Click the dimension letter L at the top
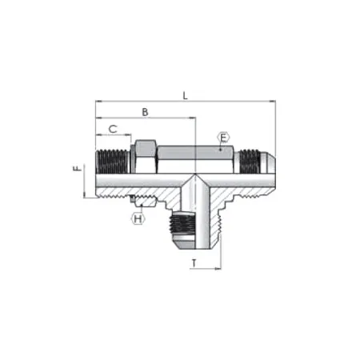[x=185, y=96]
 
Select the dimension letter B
[x=145, y=112]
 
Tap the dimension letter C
[x=114, y=128]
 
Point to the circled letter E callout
[x=223, y=138]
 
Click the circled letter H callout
[x=138, y=218]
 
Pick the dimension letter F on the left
[x=76, y=170]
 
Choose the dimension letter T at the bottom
[x=194, y=262]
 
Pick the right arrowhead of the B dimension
[x=193, y=118]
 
